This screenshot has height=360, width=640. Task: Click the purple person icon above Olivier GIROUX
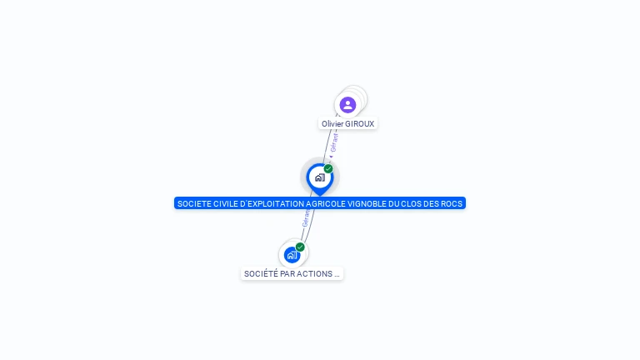(347, 104)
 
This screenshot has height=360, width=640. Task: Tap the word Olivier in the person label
(332, 124)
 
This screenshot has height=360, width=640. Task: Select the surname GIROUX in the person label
(360, 124)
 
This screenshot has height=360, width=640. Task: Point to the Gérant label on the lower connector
(306, 218)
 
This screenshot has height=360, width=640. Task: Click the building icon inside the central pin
(319, 177)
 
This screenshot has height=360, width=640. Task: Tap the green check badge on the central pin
(328, 169)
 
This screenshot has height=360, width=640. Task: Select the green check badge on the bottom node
(300, 247)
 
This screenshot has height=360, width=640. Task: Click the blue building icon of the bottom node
(291, 255)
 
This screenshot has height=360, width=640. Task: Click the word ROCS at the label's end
(452, 203)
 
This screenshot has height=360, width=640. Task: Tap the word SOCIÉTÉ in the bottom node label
(260, 274)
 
